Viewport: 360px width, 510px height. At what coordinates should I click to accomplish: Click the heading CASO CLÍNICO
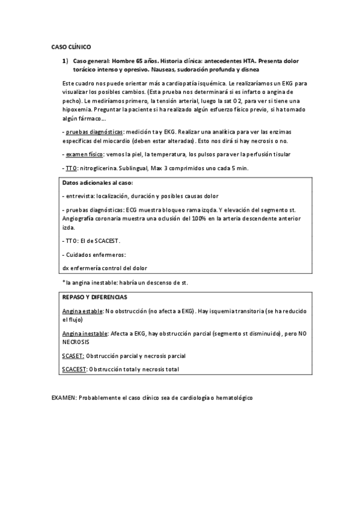(72, 46)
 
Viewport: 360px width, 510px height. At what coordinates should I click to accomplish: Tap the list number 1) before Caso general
(65, 61)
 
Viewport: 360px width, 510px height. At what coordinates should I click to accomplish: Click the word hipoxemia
(78, 110)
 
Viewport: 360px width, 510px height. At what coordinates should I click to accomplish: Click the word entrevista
(81, 196)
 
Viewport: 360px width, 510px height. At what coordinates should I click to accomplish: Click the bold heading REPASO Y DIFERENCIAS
(95, 297)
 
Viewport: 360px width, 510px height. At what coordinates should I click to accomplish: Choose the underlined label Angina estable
(83, 312)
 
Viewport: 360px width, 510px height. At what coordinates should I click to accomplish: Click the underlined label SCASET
(73, 356)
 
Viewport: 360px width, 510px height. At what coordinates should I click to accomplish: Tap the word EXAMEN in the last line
(63, 399)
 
